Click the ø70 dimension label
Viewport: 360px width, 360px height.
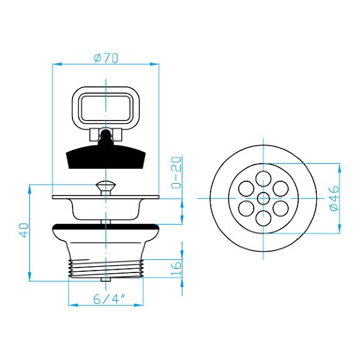(106, 58)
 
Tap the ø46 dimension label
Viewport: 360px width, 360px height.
(334, 198)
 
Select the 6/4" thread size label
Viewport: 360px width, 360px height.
(109, 299)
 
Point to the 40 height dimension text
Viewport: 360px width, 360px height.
(24, 230)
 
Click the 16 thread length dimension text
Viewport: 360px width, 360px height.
(176, 268)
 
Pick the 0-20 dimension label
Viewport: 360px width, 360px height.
(176, 172)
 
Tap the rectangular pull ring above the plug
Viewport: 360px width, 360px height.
(106, 108)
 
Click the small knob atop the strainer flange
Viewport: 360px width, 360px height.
(106, 187)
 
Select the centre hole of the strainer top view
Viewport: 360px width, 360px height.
(263, 198)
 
